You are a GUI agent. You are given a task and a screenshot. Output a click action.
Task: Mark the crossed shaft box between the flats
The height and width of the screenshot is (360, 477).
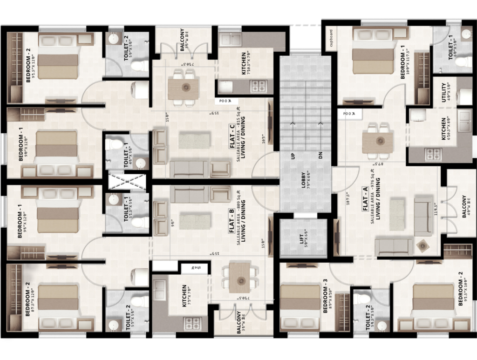click(127, 180)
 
